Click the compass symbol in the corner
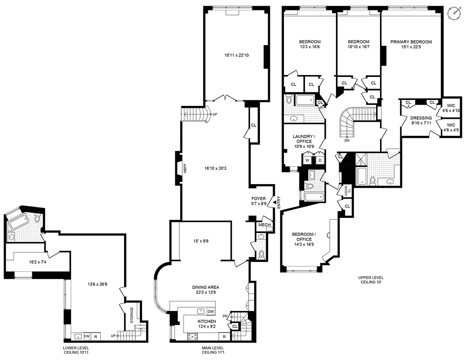454,13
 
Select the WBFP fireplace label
184,168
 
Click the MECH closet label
264,225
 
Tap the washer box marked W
307,160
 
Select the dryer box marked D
320,160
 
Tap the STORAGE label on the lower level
132,315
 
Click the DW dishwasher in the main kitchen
211,311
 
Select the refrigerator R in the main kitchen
224,337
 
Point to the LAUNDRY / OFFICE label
302,139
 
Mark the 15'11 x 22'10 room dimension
237,56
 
